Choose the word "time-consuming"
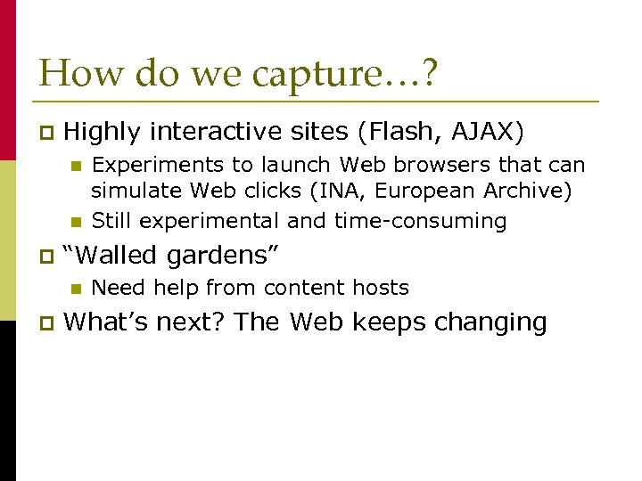[x=420, y=220]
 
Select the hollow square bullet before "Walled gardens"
[x=46, y=257]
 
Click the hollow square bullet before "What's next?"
[x=46, y=322]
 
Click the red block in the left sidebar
[x=8, y=80]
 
